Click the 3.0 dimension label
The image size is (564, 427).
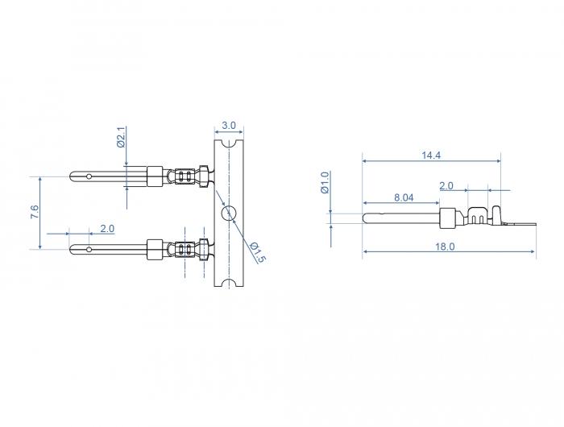click(228, 126)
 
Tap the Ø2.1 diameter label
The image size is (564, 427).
click(121, 137)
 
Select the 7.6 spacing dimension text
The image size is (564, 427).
click(35, 212)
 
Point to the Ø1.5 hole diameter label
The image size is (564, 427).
click(258, 252)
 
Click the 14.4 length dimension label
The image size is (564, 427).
click(431, 155)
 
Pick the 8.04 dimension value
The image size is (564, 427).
click(404, 197)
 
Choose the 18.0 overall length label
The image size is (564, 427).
click(445, 247)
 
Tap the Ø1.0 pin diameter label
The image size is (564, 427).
click(325, 182)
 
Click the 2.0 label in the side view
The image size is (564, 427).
click(446, 186)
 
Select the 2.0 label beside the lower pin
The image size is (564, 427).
click(107, 229)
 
